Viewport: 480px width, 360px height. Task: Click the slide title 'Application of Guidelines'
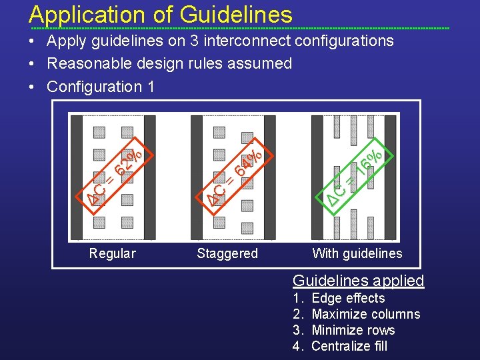pos(161,14)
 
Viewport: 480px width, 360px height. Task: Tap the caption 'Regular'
pos(112,253)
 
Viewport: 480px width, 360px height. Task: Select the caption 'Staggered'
pos(227,253)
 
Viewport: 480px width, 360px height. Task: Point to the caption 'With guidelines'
pos(357,253)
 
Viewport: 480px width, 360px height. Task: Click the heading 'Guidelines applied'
pos(359,280)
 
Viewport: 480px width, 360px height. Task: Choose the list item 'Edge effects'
pos(348,298)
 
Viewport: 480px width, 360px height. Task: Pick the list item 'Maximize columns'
pos(365,314)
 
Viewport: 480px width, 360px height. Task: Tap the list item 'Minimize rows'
pos(353,330)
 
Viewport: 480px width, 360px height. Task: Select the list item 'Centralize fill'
pos(349,346)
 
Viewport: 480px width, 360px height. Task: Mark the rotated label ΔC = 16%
pos(357,171)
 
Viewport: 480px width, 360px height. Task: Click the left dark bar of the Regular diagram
pos(77,177)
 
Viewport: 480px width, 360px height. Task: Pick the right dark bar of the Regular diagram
pos(149,177)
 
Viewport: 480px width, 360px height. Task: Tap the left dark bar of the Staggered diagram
pos(197,177)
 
